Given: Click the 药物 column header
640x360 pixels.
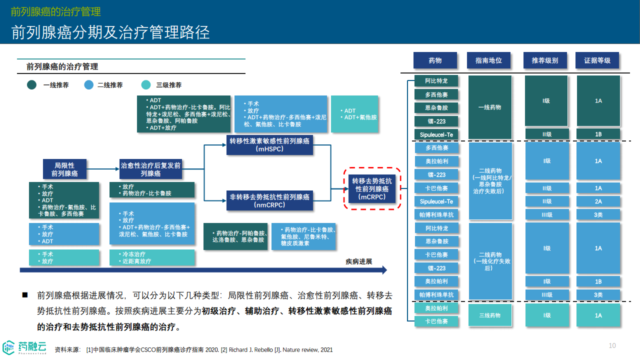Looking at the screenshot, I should tap(435, 60).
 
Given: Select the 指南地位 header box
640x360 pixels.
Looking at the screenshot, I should tap(488, 60).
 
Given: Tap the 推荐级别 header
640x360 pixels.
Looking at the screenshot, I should tap(545, 60).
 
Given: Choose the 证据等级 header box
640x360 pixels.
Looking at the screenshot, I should tap(597, 60).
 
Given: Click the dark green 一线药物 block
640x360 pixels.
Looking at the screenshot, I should tap(490, 107).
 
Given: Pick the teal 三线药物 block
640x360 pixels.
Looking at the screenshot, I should tap(490, 315).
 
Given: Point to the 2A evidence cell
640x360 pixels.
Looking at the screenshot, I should tap(598, 201).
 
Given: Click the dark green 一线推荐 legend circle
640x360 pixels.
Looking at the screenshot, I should tap(32, 85).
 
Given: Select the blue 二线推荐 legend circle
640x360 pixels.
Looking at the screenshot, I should tap(89, 85).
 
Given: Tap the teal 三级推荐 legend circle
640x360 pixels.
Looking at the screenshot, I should tap(146, 85).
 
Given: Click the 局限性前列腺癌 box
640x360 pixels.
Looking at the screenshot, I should tap(64, 169).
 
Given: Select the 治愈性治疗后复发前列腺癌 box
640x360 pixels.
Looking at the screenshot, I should tap(150, 169).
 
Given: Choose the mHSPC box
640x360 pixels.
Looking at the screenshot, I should tap(269, 144).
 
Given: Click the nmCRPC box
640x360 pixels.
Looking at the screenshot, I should tap(269, 200).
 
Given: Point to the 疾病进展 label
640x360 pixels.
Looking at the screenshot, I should tap(358, 261).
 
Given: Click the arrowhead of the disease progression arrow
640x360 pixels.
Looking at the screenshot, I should tap(384, 270).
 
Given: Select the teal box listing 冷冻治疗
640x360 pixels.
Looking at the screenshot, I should tap(152, 257).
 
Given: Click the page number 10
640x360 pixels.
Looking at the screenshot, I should tap(612, 345).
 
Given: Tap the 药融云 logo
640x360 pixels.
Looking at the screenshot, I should tap(25, 347).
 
